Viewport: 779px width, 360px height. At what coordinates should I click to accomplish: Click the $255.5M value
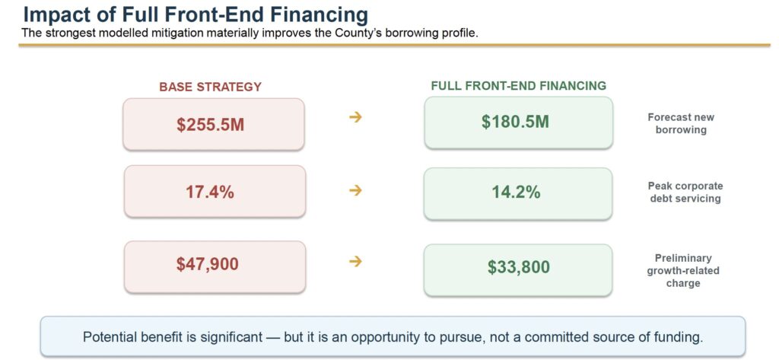210,124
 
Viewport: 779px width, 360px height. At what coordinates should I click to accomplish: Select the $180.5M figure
515,122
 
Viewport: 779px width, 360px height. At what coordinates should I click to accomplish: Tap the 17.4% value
210,192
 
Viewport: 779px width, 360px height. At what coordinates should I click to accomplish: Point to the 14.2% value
517,192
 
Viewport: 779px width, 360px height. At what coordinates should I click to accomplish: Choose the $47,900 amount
208,264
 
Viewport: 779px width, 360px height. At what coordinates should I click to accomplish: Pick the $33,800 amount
519,267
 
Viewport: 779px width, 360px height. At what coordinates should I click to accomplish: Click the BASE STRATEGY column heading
210,87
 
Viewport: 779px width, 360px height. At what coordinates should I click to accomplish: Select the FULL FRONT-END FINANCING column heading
519,86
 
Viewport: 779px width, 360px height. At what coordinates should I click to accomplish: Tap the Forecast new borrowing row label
681,124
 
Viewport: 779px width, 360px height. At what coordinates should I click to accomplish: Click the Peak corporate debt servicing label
685,193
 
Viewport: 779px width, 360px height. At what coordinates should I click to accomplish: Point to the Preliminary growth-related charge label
683,270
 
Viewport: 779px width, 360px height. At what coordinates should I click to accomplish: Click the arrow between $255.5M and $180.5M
355,117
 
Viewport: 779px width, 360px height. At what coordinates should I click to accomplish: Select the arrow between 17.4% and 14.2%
355,190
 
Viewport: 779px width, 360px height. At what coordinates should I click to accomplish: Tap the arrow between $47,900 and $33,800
355,262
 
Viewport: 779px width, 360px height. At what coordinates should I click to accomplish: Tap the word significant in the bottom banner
229,337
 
